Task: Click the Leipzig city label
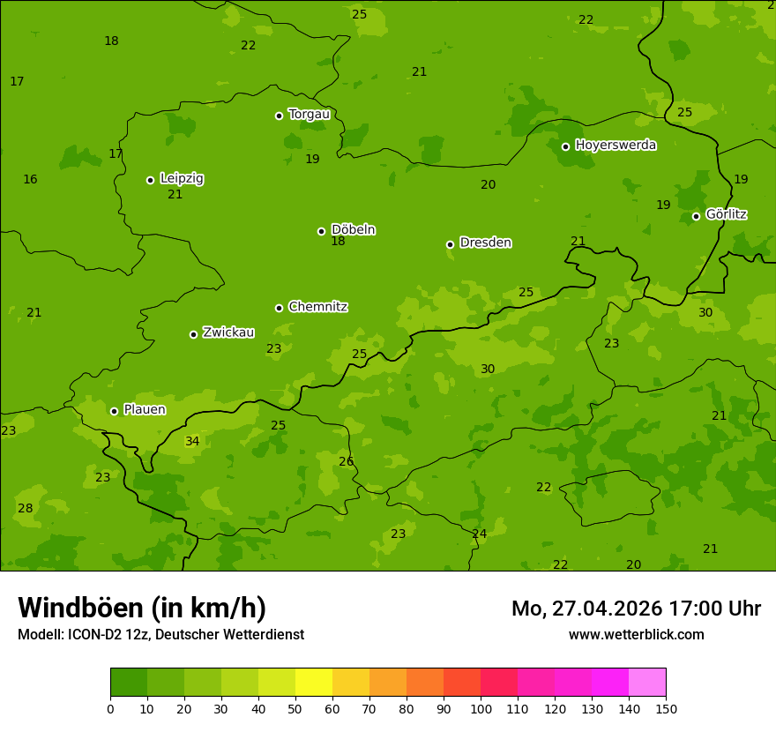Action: (182, 178)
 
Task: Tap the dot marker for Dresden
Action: (450, 244)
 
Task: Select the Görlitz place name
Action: (726, 214)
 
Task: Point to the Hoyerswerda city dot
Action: (565, 146)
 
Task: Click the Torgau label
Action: (309, 114)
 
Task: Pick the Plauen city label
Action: (145, 409)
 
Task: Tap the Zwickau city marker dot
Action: (193, 334)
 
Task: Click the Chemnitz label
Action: (317, 307)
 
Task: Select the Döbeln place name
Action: (353, 229)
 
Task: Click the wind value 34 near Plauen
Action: (192, 441)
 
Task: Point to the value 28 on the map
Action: (25, 508)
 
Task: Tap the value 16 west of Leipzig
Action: (30, 179)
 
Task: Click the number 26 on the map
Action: (346, 461)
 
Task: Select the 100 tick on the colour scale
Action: (481, 708)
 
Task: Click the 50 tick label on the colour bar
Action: (295, 708)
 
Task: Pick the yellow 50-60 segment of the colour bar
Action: (314, 683)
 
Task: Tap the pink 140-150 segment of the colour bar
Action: (647, 683)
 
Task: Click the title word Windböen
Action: (80, 608)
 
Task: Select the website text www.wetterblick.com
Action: (636, 634)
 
